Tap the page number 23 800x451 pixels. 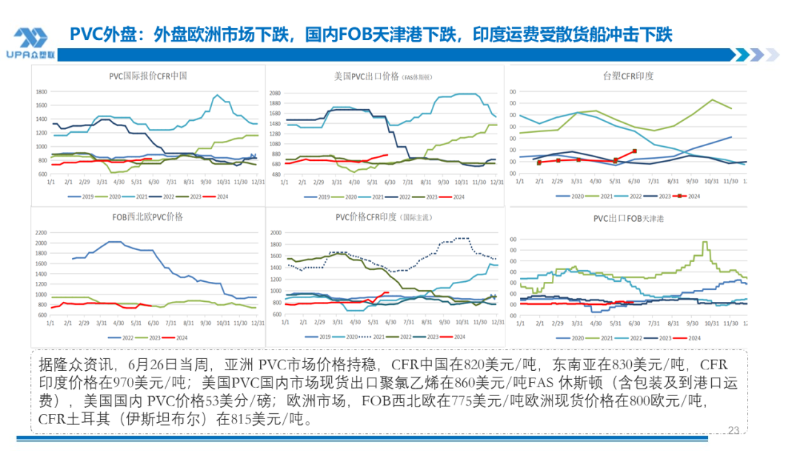[734, 430]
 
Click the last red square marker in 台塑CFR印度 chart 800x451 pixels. [634, 151]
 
